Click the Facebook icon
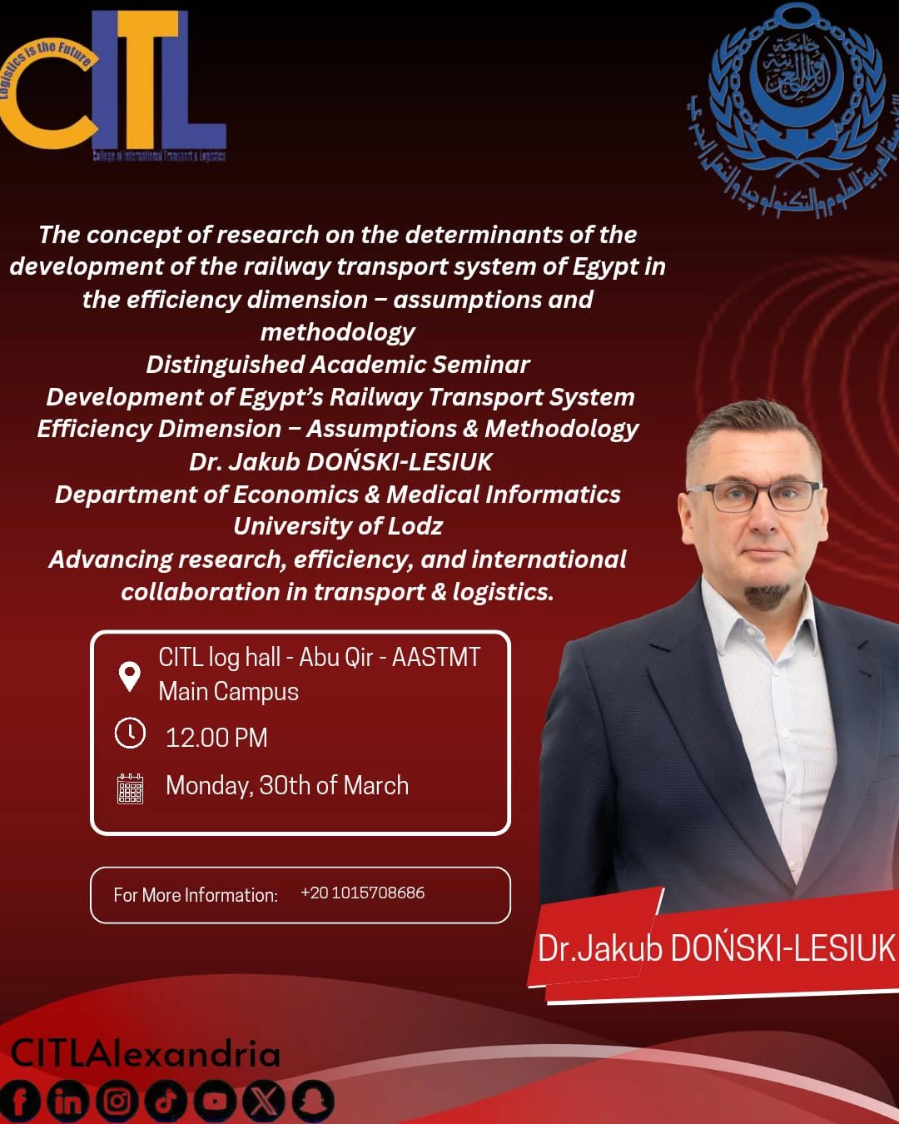tap(19, 1102)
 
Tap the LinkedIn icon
tap(67, 1102)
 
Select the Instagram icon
tap(117, 1102)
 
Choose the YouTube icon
tap(215, 1102)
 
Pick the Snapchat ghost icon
tap(312, 1102)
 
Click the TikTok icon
tap(166, 1102)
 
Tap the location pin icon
tap(129, 676)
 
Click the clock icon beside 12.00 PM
tap(130, 734)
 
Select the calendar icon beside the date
tap(130, 788)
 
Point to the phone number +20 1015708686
tap(362, 893)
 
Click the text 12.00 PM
tap(216, 738)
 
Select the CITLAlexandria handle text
tap(146, 1054)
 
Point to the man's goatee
tap(766, 594)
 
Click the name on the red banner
tap(716, 948)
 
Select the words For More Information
tap(196, 895)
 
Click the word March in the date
tap(375, 785)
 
